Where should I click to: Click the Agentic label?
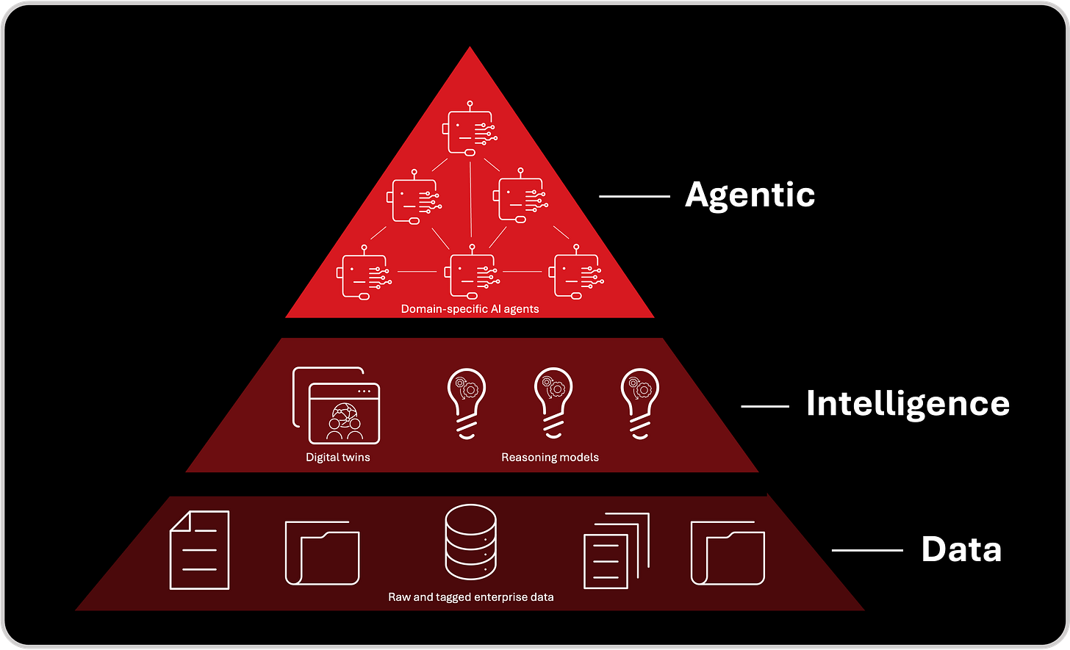750,195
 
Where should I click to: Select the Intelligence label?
908,404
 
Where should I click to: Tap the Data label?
961,549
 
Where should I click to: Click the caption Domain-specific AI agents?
470,309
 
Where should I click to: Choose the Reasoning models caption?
550,458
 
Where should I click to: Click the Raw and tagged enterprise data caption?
470,597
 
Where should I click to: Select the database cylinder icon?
470,544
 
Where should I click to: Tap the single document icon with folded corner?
199,550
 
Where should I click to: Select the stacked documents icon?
616,552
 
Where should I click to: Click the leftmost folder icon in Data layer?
322,553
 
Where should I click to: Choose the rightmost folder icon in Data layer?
728,553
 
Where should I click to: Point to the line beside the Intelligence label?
764,405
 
